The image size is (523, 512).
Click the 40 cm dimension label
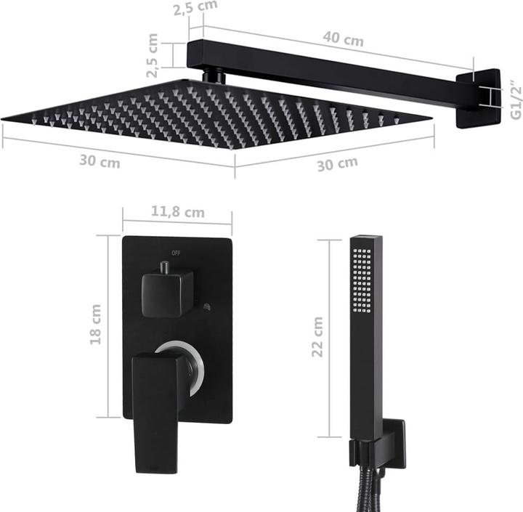pos(344,41)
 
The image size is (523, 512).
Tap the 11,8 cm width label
pos(177,212)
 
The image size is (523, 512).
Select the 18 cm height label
pos(96,324)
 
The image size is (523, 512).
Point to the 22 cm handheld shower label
pos(317,336)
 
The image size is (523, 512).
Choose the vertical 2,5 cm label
pos(153,55)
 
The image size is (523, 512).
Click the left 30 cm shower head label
pos(100,161)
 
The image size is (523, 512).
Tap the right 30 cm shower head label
pos(336,163)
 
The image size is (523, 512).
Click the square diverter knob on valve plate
pos(167,292)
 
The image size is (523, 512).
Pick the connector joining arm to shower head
pos(213,76)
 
